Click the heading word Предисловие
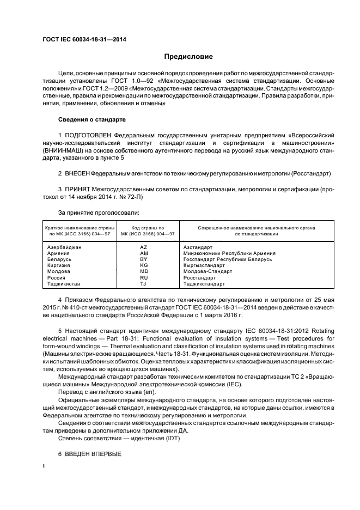pos(188,57)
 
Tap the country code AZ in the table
pos(144,247)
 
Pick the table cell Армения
pos(58,253)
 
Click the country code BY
pos(144,259)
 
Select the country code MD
pos(144,271)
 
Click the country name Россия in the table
pos(57,277)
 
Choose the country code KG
pos(144,265)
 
